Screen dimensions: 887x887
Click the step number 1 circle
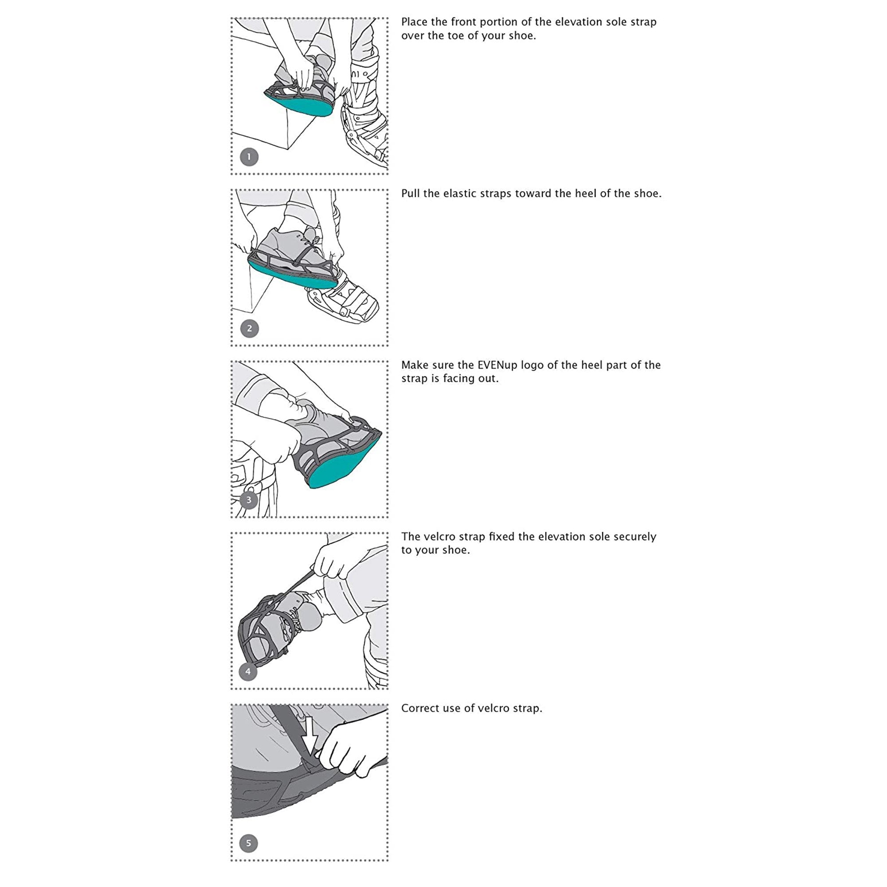pyautogui.click(x=249, y=157)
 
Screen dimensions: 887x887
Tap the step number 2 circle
pyautogui.click(x=249, y=328)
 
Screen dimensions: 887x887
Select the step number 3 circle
pyautogui.click(x=249, y=500)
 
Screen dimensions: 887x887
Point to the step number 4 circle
pyautogui.click(x=248, y=671)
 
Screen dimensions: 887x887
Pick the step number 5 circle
pyautogui.click(x=249, y=843)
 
